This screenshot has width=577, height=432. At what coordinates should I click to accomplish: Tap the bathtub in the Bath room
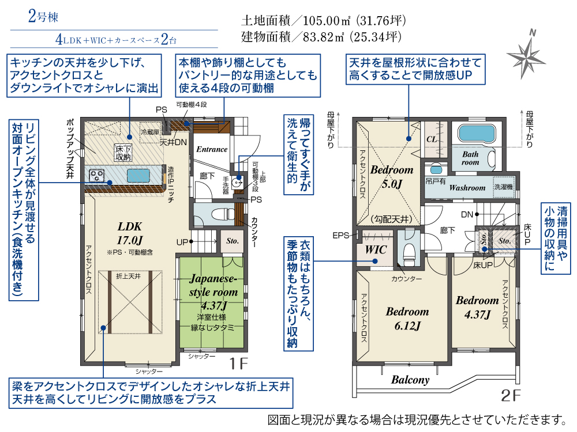[477, 134]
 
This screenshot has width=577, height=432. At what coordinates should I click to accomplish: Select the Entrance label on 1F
[212, 149]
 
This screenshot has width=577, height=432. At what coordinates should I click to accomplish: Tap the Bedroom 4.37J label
[477, 307]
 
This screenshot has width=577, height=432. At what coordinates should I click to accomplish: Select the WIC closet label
[376, 250]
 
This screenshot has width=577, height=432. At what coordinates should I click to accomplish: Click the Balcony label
[410, 380]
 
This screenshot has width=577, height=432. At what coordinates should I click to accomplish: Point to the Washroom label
[467, 188]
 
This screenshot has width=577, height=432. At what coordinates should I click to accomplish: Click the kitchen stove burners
[96, 175]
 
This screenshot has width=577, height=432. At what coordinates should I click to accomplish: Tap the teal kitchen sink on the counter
[137, 175]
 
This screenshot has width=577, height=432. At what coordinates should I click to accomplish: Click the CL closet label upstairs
[431, 140]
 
